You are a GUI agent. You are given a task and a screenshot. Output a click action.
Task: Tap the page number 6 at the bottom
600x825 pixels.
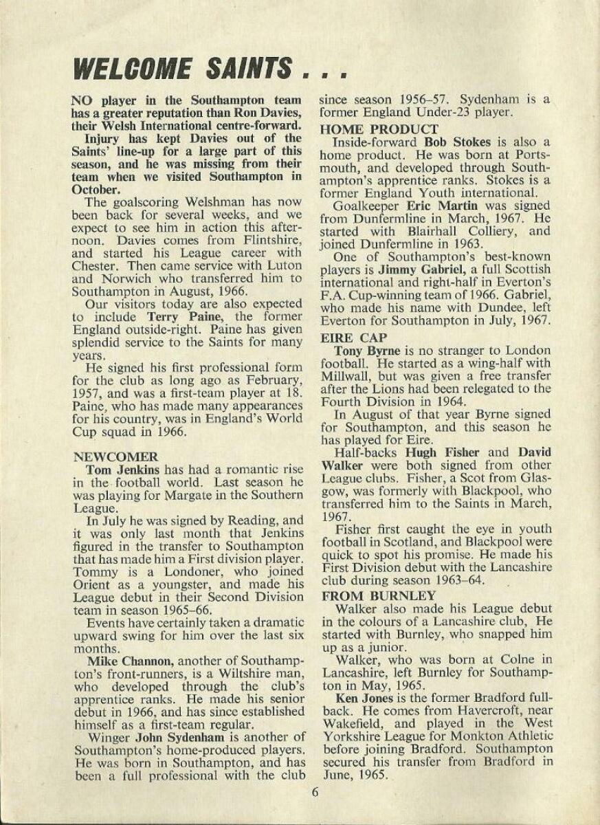point(315,791)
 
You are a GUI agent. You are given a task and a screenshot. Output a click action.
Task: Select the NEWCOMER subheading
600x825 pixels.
point(115,456)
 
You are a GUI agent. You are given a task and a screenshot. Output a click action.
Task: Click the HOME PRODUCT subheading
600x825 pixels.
point(379,129)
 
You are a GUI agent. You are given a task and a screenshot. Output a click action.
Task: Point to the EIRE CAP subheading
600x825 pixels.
point(355,338)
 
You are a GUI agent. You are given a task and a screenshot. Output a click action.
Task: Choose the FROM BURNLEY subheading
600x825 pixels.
point(379,595)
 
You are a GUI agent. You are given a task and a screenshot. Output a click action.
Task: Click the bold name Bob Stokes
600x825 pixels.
point(461,142)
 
